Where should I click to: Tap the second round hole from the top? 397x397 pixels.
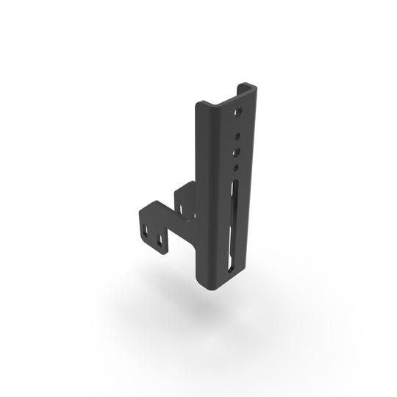(x=237, y=135)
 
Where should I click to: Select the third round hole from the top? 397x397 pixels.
(x=236, y=152)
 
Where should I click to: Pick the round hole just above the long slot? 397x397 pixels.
(x=235, y=168)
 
